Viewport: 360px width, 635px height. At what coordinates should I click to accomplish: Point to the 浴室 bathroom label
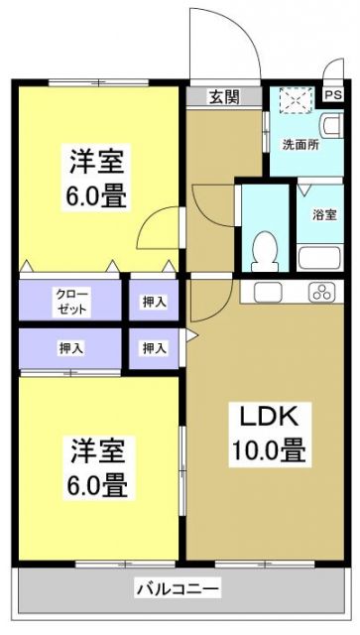click(322, 213)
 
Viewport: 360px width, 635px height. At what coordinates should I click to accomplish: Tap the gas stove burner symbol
click(321, 292)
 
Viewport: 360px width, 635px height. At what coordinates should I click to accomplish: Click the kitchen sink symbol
click(268, 292)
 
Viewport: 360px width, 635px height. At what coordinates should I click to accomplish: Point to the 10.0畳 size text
click(268, 450)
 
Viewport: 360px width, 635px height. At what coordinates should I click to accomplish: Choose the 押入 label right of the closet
click(153, 301)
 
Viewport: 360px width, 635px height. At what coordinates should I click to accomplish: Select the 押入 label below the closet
click(70, 348)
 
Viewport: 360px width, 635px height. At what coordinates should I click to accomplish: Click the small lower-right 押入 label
click(153, 348)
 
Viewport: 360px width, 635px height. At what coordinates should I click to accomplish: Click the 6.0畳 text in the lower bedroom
click(97, 486)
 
